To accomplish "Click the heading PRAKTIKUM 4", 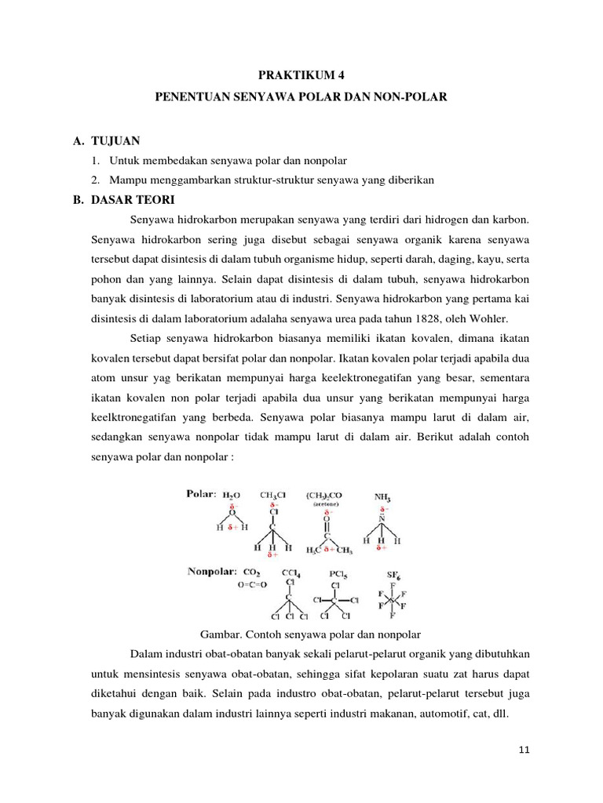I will pos(301,75).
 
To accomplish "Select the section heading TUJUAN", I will pos(115,140).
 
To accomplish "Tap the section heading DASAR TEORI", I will pos(132,199).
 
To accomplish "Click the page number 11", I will pos(524,750).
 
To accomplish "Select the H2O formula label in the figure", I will pos(232,496).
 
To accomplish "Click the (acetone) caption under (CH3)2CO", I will pos(330,505).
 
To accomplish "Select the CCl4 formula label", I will pos(291,573).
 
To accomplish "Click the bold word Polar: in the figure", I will pos(201,495).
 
